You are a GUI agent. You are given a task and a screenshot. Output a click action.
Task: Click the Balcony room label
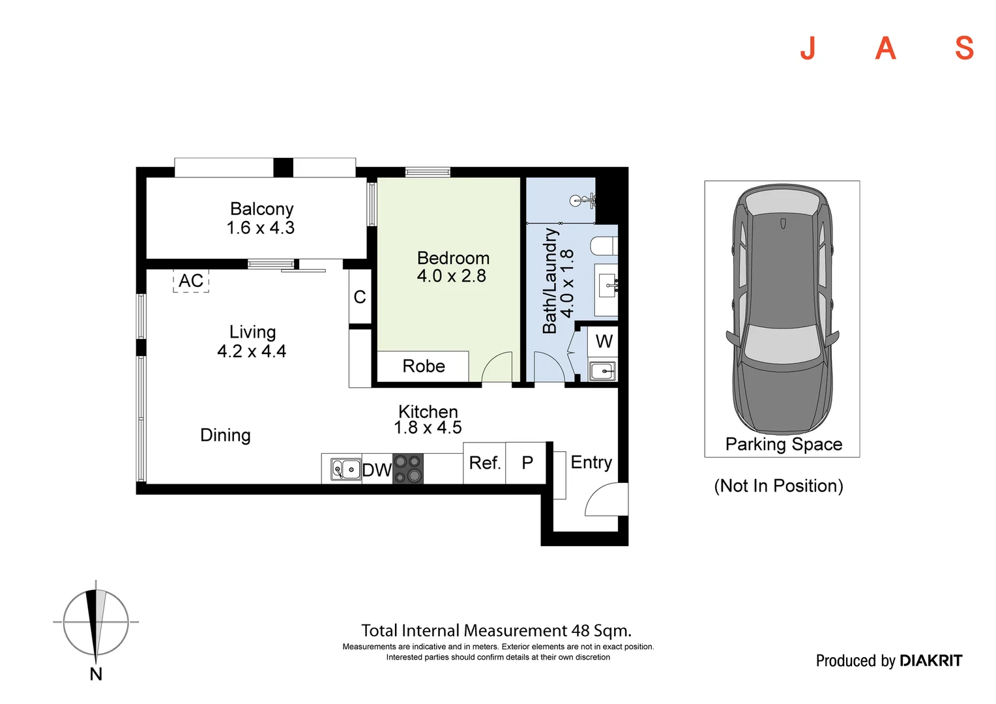click(261, 209)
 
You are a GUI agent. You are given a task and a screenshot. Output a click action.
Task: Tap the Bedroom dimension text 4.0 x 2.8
click(451, 276)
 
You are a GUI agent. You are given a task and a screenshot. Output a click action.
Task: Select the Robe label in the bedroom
click(424, 366)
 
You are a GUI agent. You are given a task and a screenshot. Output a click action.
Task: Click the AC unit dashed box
click(191, 280)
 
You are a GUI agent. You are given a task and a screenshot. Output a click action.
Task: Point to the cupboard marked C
click(360, 297)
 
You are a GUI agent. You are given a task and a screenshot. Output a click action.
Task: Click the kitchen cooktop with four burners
click(408, 469)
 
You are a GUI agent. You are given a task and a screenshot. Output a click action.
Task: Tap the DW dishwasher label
click(377, 470)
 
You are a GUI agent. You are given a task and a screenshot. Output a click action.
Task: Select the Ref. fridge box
click(484, 463)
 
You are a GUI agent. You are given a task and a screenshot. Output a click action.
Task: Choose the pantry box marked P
click(526, 463)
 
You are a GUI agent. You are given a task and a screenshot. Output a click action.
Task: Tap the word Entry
click(591, 462)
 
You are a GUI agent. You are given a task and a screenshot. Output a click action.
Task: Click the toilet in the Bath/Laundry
click(604, 246)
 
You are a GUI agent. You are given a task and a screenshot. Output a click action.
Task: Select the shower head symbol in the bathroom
click(582, 201)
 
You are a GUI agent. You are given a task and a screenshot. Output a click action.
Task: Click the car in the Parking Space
click(782, 309)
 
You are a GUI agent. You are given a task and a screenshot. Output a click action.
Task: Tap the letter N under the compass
click(96, 674)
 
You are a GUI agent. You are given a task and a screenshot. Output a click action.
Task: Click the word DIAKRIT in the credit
click(931, 660)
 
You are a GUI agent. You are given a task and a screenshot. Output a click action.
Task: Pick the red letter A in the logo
click(885, 48)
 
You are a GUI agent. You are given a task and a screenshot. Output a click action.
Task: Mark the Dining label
click(225, 435)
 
